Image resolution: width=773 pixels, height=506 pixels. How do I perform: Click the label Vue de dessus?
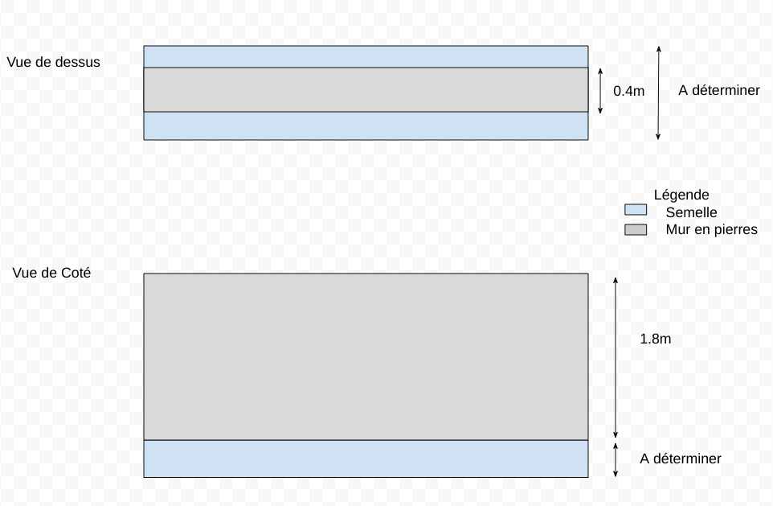[53, 61]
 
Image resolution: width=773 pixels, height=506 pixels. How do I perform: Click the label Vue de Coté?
[51, 274]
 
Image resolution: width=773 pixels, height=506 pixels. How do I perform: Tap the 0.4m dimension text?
[628, 91]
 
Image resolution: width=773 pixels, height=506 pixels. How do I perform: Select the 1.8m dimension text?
[655, 339]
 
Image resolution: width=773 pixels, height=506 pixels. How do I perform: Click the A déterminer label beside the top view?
[718, 90]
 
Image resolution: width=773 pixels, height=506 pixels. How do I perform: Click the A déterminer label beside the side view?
[681, 459]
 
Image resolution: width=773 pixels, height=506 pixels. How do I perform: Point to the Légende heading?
[681, 195]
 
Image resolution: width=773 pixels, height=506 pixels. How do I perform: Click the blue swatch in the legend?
[636, 210]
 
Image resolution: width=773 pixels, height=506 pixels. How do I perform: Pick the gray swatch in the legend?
[636, 229]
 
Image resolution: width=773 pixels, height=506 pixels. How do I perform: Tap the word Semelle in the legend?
[691, 212]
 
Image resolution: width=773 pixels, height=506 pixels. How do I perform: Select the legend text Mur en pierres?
[711, 230]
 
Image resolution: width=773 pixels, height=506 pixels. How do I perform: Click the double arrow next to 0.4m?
[599, 90]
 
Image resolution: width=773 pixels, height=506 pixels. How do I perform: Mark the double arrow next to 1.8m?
[615, 356]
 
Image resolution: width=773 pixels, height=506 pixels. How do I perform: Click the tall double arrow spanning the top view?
[658, 93]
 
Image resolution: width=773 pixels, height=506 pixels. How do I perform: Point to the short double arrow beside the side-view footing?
[615, 459]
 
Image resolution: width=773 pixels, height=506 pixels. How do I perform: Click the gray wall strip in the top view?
[366, 89]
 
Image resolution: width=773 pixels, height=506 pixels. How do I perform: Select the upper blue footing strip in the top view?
[366, 56]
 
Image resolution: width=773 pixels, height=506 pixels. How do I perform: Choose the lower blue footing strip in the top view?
[366, 125]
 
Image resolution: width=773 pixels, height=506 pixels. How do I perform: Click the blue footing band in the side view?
[366, 459]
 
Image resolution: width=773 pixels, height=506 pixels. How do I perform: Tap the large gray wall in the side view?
[366, 356]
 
